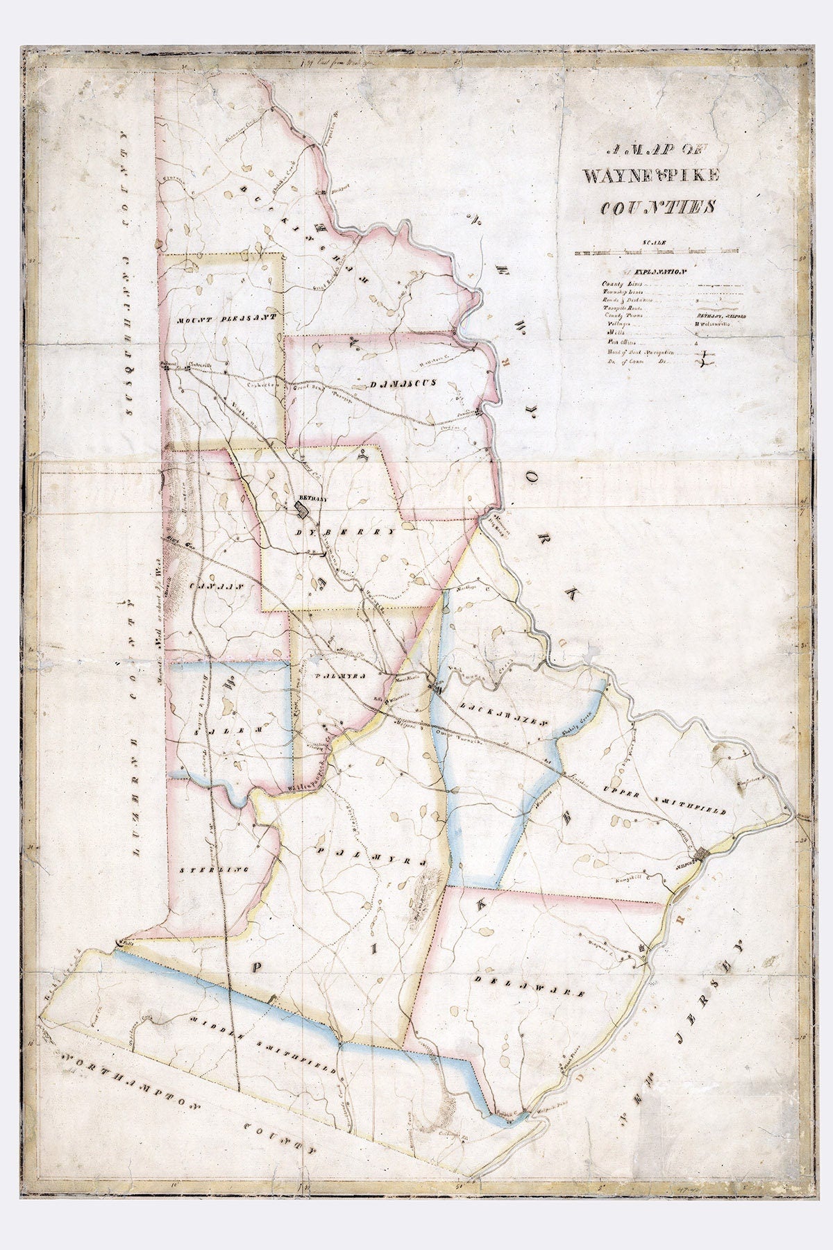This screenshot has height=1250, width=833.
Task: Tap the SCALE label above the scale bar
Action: tap(652, 241)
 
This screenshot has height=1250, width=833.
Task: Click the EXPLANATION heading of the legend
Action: tap(652, 271)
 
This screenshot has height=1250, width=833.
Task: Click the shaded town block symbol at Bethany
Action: tap(303, 511)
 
